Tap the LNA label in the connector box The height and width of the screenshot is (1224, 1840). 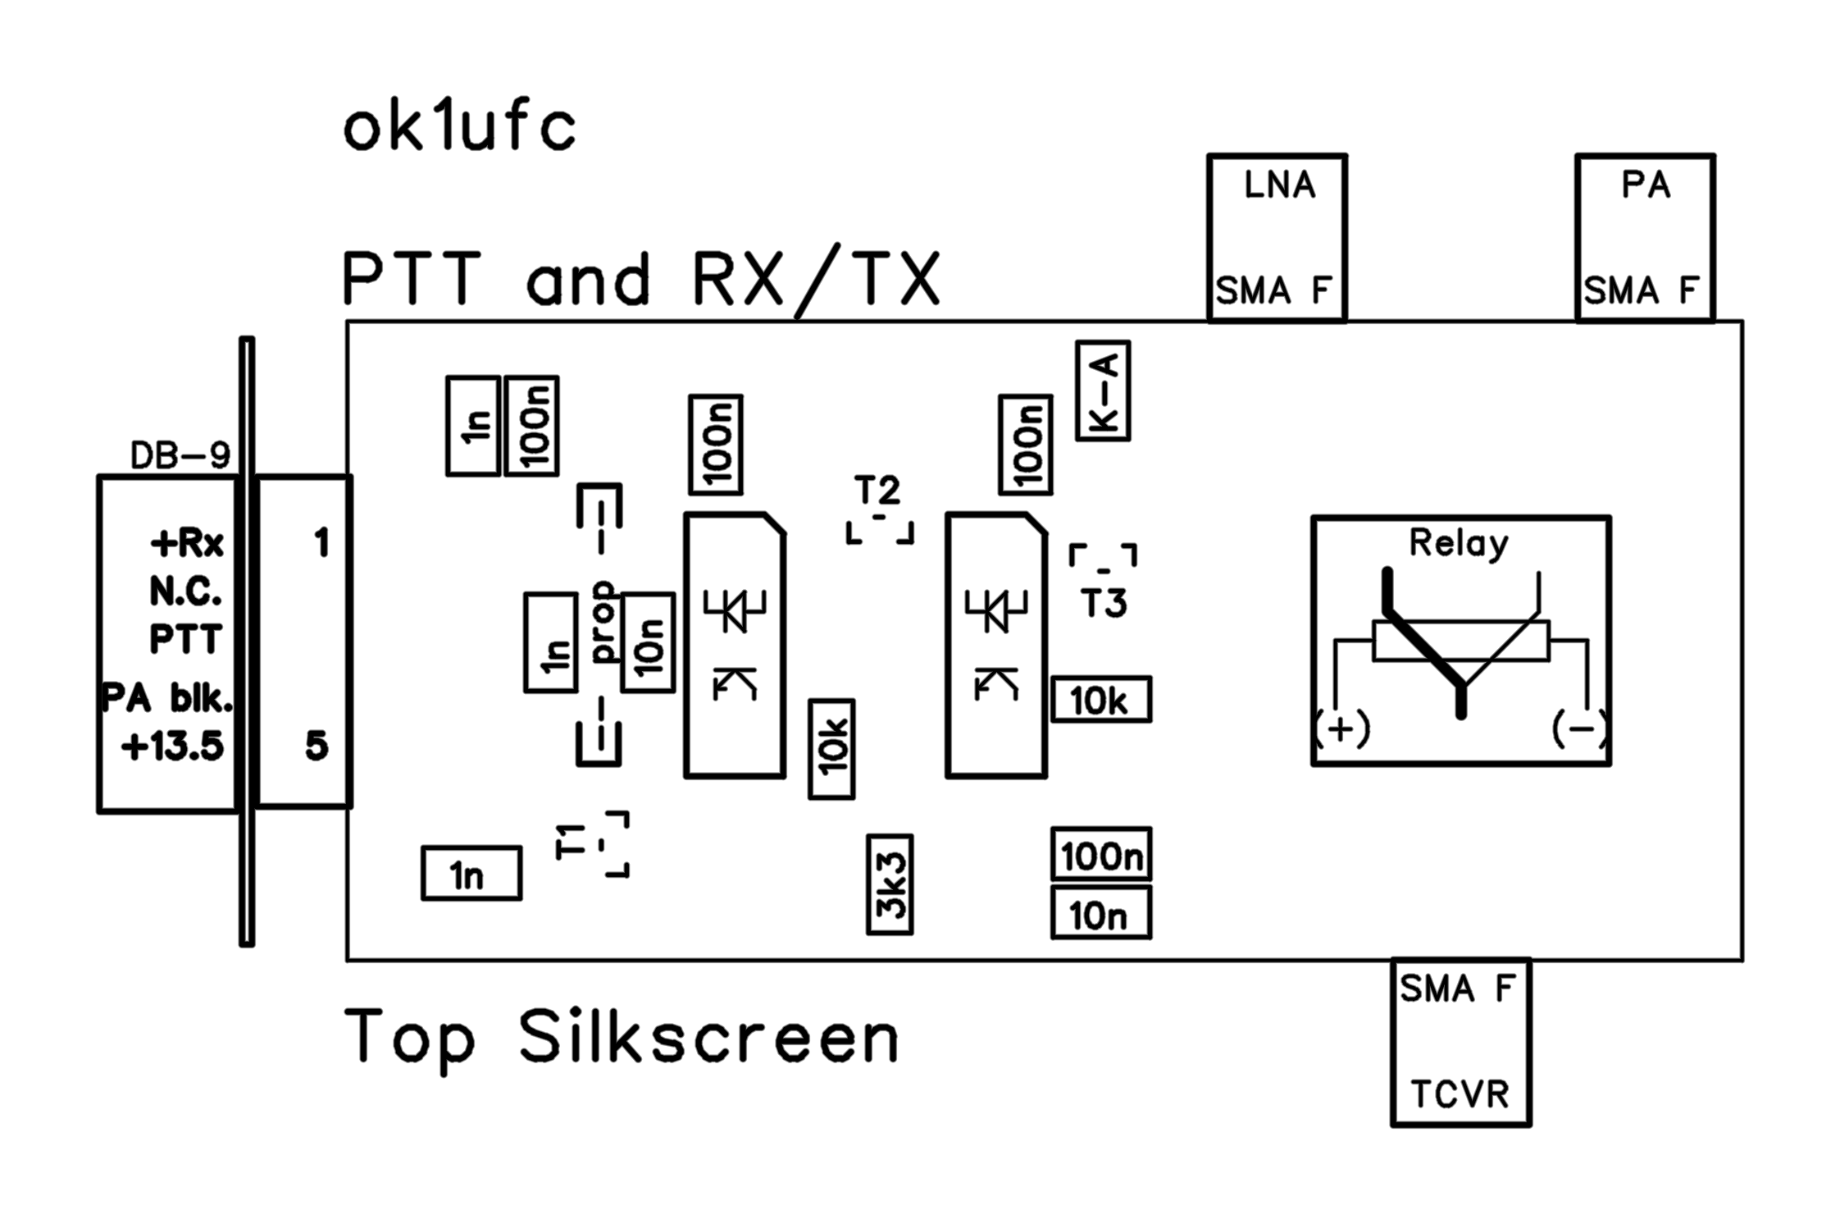[1279, 185]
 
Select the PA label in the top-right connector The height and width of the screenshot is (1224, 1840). [1645, 185]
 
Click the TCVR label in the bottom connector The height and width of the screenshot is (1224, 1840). [1460, 1094]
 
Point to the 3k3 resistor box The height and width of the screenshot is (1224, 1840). [890, 884]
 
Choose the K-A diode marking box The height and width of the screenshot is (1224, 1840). [1103, 391]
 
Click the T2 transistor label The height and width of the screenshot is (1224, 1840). [877, 491]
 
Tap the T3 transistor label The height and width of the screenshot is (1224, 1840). [1104, 604]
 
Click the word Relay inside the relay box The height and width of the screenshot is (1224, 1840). [1458, 543]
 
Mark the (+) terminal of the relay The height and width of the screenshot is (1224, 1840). [1341, 728]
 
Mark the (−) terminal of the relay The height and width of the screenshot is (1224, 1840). [1579, 728]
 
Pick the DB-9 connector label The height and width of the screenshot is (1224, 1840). [180, 455]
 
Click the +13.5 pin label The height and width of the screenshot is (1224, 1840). [172, 747]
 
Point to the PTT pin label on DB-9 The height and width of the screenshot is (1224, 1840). [185, 639]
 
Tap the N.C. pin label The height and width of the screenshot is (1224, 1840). [185, 591]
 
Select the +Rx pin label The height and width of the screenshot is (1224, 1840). [187, 543]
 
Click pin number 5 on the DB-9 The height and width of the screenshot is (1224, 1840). [317, 747]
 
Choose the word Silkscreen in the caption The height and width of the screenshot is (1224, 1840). [708, 1039]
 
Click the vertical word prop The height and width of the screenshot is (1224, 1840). [603, 621]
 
